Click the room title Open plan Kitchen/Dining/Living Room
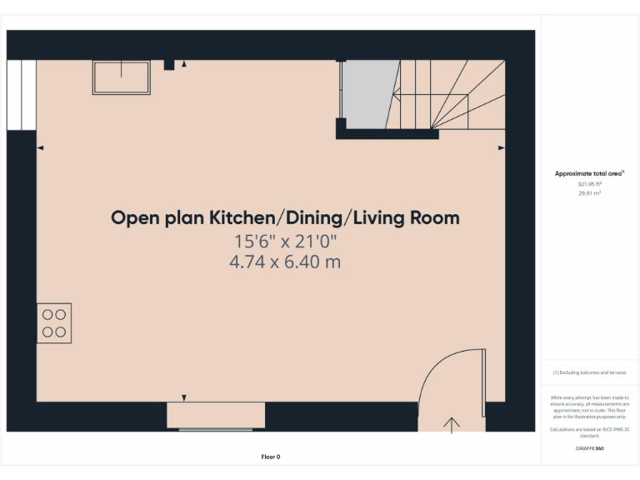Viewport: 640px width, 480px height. (x=285, y=218)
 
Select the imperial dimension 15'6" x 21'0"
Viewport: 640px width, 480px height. (x=285, y=242)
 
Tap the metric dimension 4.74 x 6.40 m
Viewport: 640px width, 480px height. (x=285, y=262)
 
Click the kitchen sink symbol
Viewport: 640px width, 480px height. (x=121, y=77)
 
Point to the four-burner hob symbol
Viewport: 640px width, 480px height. (x=54, y=323)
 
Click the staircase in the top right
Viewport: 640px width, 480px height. (x=450, y=96)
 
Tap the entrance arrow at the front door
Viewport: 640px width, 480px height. (x=452, y=424)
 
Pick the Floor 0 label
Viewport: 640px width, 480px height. (x=271, y=457)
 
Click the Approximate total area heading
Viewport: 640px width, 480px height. (x=588, y=173)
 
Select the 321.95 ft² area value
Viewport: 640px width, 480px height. (x=589, y=183)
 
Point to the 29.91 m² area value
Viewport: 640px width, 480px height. (x=589, y=192)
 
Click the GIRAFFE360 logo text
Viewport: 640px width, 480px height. (x=589, y=448)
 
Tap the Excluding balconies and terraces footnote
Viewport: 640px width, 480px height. (x=590, y=372)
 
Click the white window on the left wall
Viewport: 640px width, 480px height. (x=21, y=95)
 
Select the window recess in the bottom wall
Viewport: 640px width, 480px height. (x=216, y=415)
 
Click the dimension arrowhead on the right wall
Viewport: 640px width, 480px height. (x=501, y=147)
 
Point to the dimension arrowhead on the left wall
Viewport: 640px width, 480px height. (x=40, y=147)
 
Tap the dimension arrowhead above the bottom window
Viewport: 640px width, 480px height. (x=184, y=397)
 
